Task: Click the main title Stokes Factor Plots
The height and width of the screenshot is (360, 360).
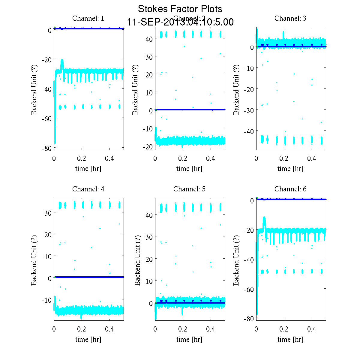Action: [x=180, y=9]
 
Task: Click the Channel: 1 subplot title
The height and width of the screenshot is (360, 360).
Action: [x=88, y=18]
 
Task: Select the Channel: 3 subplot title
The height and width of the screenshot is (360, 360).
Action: [x=290, y=18]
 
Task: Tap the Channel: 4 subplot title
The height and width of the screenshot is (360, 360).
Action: [x=88, y=189]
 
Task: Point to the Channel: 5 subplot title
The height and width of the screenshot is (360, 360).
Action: [x=189, y=189]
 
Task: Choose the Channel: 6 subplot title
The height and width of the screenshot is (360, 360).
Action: [x=290, y=189]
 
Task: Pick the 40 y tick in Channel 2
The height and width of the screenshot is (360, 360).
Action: [x=149, y=39]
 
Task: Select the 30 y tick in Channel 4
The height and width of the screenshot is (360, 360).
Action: [x=48, y=213]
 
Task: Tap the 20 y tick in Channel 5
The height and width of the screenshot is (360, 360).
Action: [x=149, y=259]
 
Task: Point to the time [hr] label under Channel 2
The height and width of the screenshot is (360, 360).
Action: [x=189, y=169]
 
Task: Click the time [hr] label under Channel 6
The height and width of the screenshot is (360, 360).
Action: [x=290, y=339]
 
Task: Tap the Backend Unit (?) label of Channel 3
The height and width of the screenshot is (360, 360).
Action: [x=236, y=89]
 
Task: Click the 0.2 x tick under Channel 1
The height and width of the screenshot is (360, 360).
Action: [x=82, y=158]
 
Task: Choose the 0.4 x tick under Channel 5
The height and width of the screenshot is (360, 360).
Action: [x=211, y=329]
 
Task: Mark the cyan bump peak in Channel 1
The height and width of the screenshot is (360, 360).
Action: [x=62, y=60]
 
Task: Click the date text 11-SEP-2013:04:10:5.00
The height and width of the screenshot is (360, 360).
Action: [x=180, y=22]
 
